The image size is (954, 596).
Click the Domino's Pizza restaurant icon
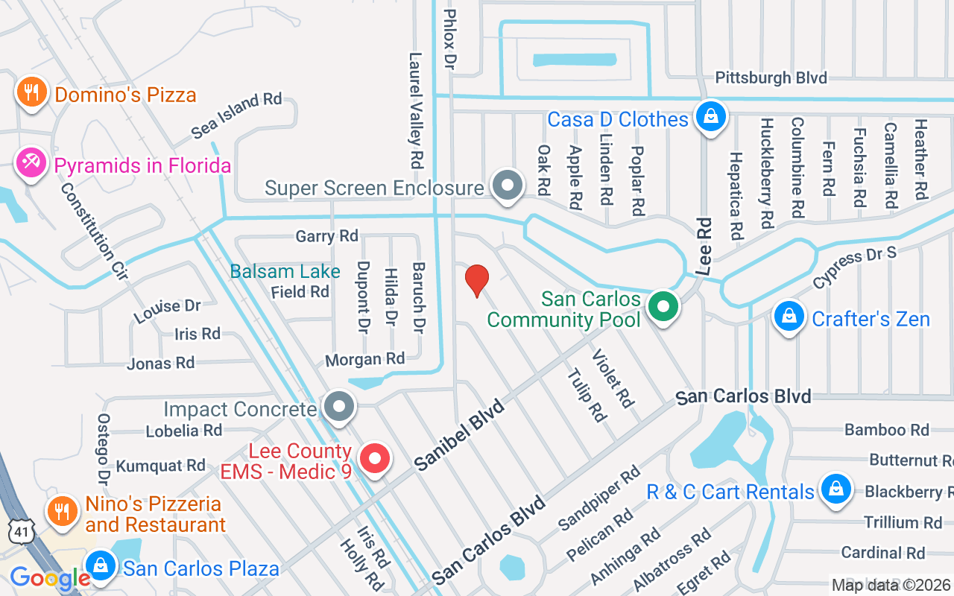coord(31,92)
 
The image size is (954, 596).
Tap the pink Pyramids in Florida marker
coord(31,163)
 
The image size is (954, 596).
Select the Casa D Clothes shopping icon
coord(711,117)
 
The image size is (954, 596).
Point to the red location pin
coord(476,279)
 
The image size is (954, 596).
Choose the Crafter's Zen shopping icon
coord(788,317)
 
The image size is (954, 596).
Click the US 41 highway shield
coord(18,532)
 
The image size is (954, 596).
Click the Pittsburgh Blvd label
coord(771,77)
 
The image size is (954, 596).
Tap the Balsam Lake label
coord(285,271)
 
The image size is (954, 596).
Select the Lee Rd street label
coord(704,246)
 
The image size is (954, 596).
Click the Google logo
coord(50,578)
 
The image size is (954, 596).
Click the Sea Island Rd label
coord(236,115)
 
